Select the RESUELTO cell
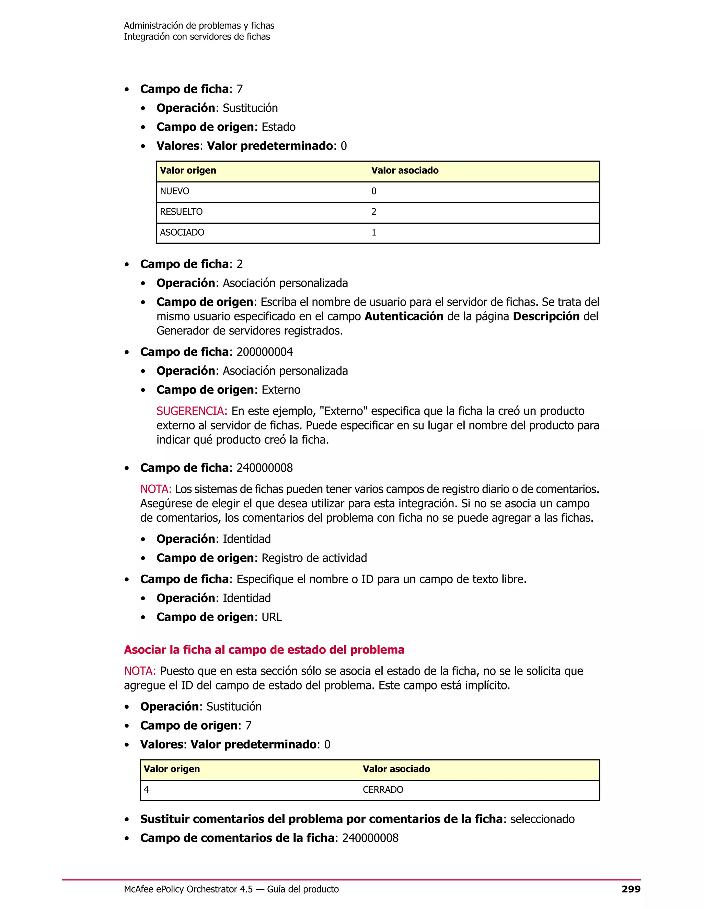(x=181, y=212)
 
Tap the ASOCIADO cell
(x=182, y=233)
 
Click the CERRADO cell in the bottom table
(x=383, y=790)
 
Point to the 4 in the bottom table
(x=146, y=790)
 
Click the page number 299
(x=631, y=889)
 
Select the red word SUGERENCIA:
(x=192, y=411)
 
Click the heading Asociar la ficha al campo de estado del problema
(x=264, y=650)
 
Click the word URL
(x=272, y=617)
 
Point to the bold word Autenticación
(x=404, y=317)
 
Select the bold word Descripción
(x=546, y=317)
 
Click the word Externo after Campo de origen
(x=281, y=390)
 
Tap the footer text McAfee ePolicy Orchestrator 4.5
(x=188, y=889)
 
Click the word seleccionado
(x=542, y=819)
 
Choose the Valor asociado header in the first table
(x=405, y=170)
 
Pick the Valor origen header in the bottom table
(x=172, y=769)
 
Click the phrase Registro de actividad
(x=314, y=558)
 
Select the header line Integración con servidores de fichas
(x=197, y=37)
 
